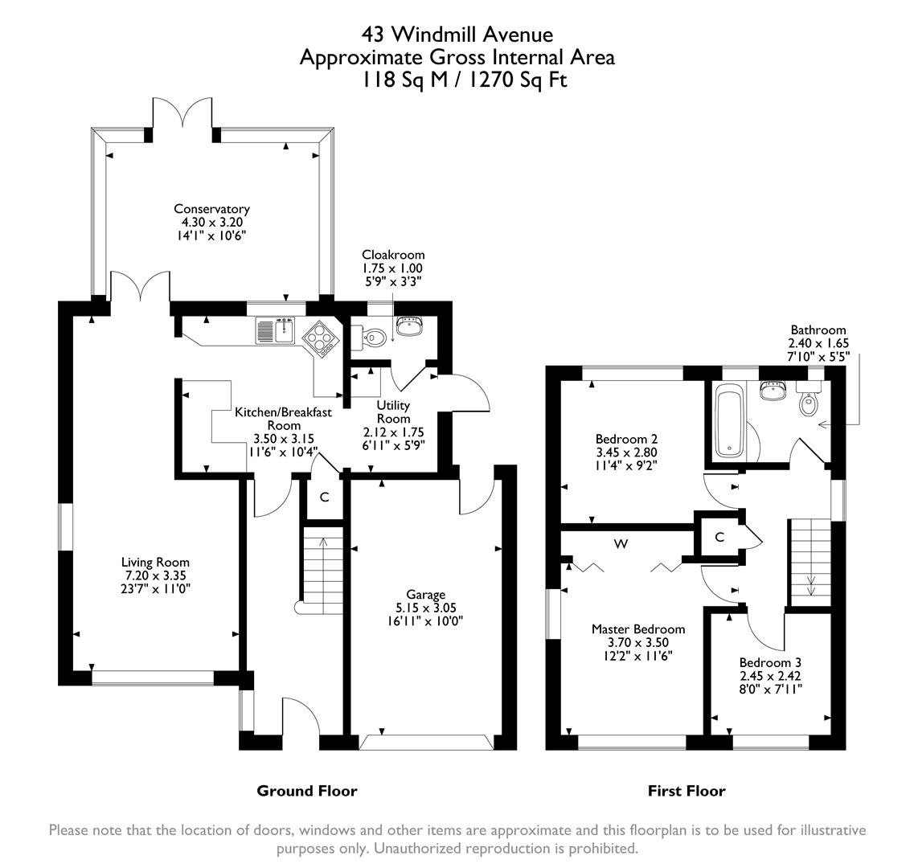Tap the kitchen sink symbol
pos(276,330)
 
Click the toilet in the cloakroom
pos(370,338)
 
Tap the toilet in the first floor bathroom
pos(809,402)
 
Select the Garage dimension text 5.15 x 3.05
pos(425,608)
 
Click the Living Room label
pos(155,563)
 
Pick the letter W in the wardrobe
pos(621,545)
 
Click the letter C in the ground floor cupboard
pos(324,497)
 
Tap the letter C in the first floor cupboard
pos(719,537)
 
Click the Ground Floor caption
pos(306,791)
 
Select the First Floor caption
pos(687,791)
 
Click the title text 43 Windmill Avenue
pos(457,35)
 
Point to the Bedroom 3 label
pos(770,663)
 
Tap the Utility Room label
pos(394,411)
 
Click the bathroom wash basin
pos(773,391)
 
